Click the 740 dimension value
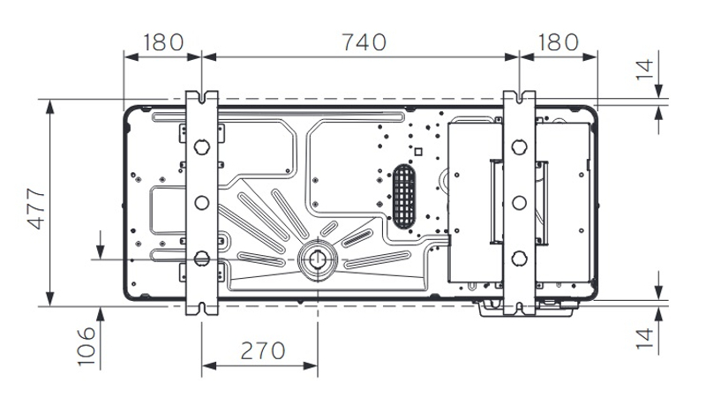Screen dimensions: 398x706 pyautogui.click(x=363, y=41)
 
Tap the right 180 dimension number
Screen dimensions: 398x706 pyautogui.click(x=557, y=41)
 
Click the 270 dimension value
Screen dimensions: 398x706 pyautogui.click(x=260, y=350)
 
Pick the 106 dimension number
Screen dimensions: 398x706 pyautogui.click(x=81, y=347)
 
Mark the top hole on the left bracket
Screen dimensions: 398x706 pyautogui.click(x=201, y=146)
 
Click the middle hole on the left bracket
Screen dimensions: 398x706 pyautogui.click(x=201, y=202)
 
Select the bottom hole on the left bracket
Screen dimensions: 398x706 pyautogui.click(x=201, y=258)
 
